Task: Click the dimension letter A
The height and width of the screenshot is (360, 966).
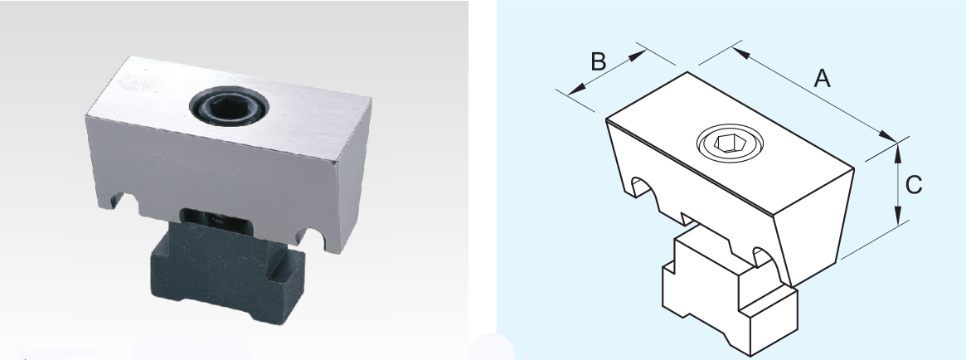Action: click(823, 78)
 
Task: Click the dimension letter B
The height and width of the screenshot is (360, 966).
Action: click(598, 61)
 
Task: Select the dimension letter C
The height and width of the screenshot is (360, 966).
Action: click(914, 185)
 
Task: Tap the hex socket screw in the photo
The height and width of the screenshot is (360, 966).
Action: click(229, 106)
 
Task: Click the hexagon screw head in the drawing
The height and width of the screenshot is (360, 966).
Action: click(730, 144)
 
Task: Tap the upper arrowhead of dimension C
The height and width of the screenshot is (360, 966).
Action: click(898, 153)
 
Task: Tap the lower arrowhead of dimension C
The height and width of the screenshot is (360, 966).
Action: click(898, 216)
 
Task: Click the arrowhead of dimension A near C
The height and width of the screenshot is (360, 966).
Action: click(888, 136)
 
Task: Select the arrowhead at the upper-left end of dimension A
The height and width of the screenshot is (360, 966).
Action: click(741, 53)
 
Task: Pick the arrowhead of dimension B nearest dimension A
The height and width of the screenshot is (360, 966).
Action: click(638, 56)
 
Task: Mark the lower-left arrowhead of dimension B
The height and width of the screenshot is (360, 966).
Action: click(576, 90)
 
